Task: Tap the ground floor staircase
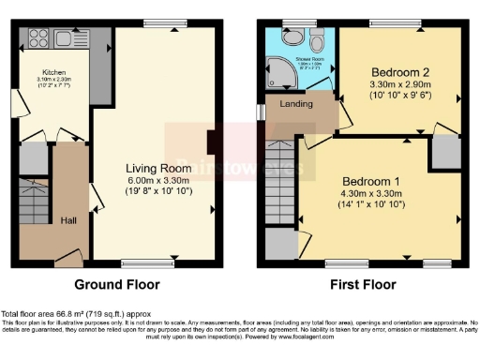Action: pos(36,212)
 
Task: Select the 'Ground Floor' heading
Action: pos(117,284)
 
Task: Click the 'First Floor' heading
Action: pos(361,284)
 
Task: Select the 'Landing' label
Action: pos(296,104)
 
